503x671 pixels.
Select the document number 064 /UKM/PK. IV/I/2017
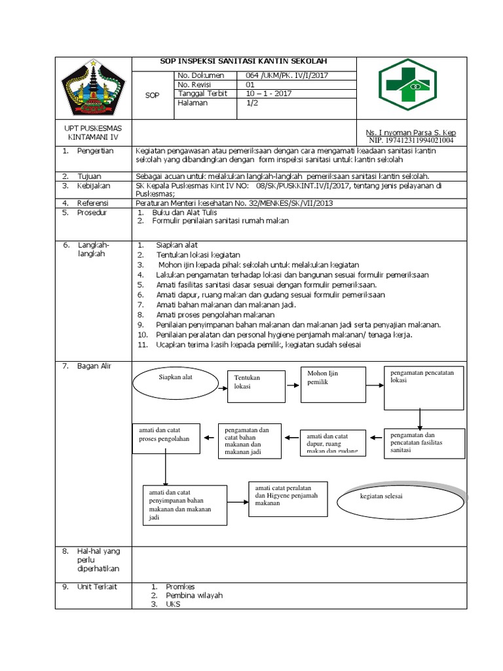(x=283, y=75)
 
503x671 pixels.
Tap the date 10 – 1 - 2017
(x=269, y=94)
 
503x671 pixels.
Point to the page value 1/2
(x=251, y=103)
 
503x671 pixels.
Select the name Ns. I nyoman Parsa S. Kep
(x=410, y=132)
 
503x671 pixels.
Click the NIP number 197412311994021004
(x=411, y=140)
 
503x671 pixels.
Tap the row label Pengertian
(x=96, y=151)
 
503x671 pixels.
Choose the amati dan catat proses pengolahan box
(x=165, y=435)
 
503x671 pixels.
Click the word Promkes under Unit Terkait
(x=180, y=586)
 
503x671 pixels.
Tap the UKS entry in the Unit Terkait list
(x=173, y=604)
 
